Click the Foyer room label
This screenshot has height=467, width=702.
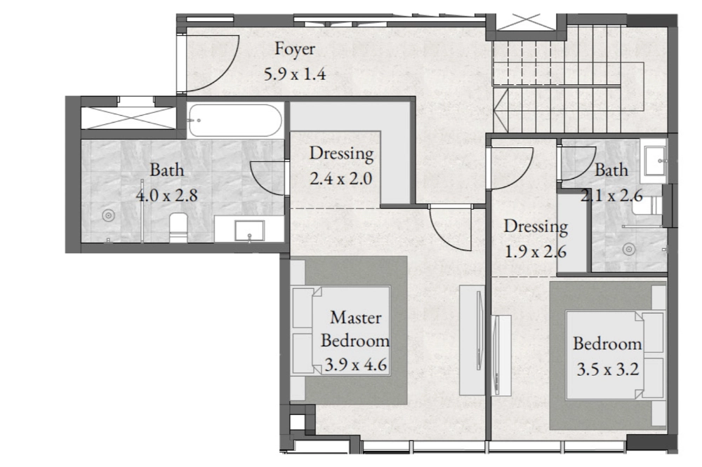295,49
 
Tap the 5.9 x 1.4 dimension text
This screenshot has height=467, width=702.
295,74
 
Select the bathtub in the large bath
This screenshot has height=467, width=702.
234,120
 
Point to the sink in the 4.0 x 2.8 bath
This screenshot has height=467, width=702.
249,231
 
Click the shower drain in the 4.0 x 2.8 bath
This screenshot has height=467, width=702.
108,215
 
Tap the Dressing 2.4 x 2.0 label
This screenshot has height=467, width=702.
341,165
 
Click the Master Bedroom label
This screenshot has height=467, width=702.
355,329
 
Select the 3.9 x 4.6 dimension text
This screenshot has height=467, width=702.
355,365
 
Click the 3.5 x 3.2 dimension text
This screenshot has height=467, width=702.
607,370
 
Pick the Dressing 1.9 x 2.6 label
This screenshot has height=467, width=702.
536,239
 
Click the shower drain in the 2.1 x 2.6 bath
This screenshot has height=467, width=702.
629,249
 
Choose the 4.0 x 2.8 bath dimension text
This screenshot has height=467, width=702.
166,196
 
